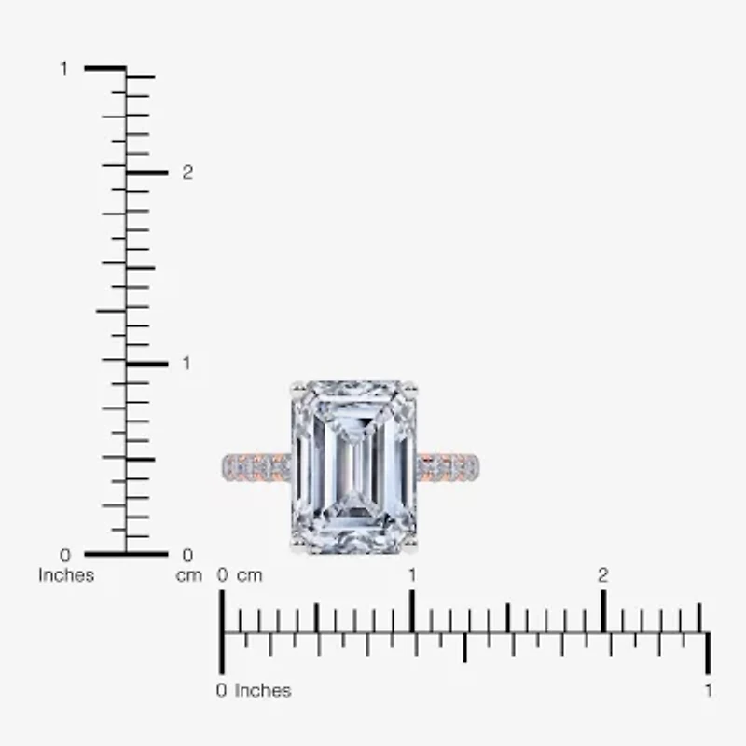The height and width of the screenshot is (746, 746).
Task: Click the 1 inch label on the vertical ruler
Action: tap(64, 69)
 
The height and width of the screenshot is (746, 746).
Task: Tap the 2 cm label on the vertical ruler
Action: tap(187, 173)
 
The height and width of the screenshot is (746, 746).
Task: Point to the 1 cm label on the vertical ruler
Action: tap(186, 363)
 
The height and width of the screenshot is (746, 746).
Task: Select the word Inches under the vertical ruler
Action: tap(66, 575)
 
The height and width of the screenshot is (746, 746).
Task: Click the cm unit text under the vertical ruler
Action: tap(189, 575)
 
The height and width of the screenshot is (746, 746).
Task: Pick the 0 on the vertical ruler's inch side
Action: tap(64, 556)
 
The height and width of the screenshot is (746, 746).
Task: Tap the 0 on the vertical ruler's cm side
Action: tap(187, 556)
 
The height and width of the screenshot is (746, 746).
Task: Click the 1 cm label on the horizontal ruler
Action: tap(412, 575)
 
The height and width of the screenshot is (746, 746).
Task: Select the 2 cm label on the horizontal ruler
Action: tap(603, 575)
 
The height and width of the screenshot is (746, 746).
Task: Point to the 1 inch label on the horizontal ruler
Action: tap(709, 691)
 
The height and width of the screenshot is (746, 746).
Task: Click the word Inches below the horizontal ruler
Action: tap(263, 691)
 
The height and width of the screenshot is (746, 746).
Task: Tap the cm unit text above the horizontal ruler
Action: tap(249, 575)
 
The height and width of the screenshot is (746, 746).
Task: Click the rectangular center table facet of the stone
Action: tap(354, 466)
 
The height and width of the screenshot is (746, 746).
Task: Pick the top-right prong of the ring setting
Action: tap(409, 388)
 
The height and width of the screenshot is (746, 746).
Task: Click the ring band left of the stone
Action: tap(256, 466)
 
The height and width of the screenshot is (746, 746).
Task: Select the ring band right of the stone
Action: tap(448, 466)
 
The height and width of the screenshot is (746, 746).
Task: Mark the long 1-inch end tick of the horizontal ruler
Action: tap(709, 653)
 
